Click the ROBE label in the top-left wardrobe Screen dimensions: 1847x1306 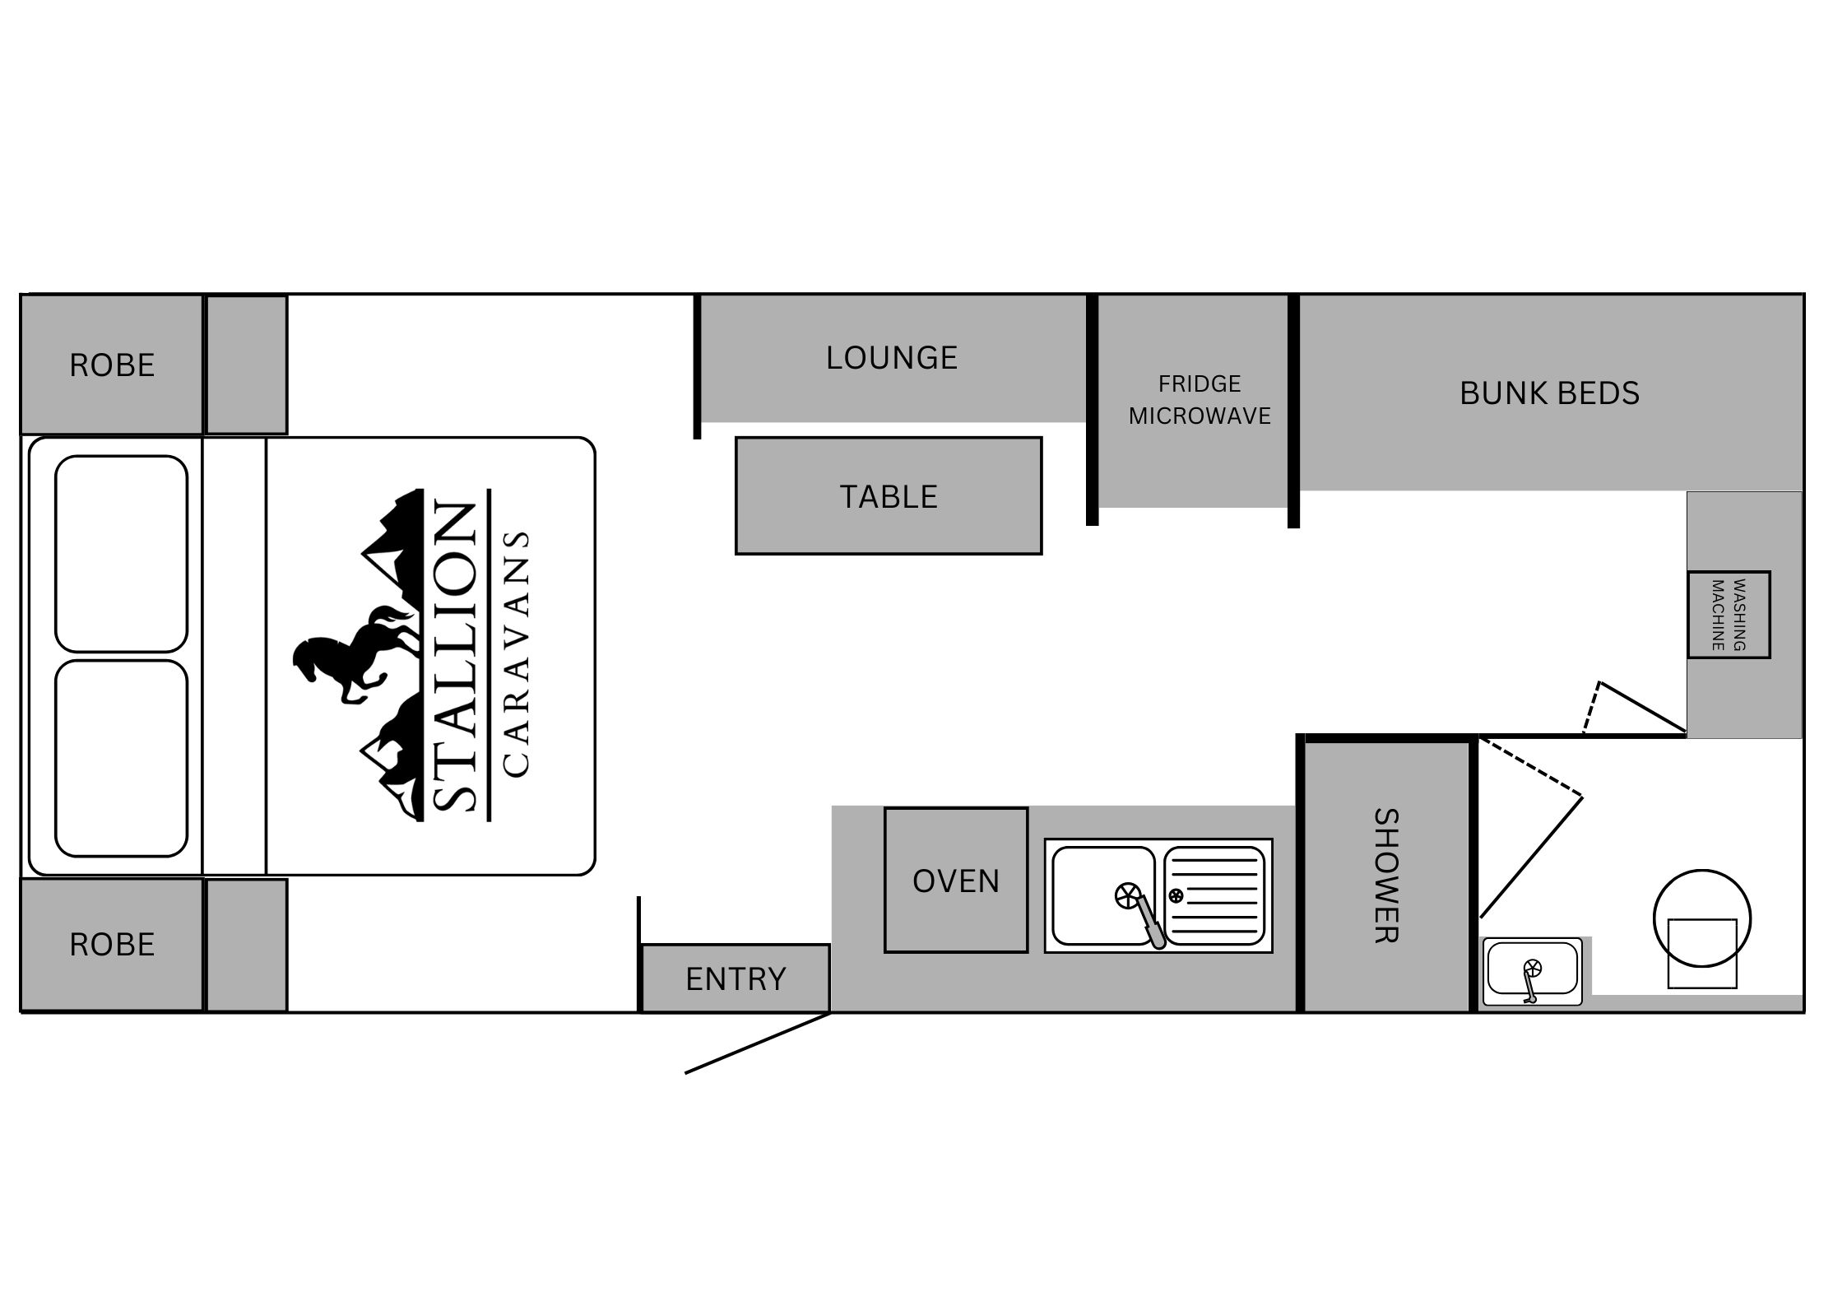point(112,365)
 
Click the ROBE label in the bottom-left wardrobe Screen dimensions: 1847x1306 point(112,945)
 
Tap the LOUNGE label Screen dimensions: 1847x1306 point(892,358)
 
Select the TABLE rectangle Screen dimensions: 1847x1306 point(889,495)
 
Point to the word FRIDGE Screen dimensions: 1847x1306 point(1200,383)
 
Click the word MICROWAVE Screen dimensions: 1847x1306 point(1200,416)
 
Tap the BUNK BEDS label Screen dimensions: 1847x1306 point(1549,393)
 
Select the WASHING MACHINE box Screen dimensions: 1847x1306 point(1729,615)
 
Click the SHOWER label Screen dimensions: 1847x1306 point(1386,876)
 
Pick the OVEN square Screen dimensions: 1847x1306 point(956,881)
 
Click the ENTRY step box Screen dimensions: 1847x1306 point(736,978)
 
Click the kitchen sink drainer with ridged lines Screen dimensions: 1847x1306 point(1214,895)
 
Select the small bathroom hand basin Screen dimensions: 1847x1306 point(1531,971)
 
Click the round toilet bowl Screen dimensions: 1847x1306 point(1702,918)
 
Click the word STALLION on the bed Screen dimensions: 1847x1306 point(453,656)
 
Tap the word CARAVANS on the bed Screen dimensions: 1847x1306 point(515,654)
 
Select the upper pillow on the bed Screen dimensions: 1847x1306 point(122,554)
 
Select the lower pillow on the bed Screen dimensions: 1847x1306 point(122,758)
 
